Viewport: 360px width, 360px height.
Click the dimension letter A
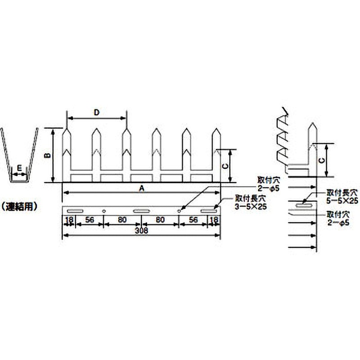click(141, 189)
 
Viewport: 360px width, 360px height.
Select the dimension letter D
click(96, 112)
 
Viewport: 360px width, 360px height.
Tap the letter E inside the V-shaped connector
click(19, 167)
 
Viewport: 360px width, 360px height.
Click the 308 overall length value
click(141, 230)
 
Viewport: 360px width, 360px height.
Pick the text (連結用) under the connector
click(19, 207)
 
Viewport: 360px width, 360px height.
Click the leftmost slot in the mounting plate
click(75, 211)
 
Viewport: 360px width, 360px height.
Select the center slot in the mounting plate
click(141, 211)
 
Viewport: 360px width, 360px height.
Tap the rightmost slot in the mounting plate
click(209, 211)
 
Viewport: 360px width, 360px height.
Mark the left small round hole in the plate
click(104, 210)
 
